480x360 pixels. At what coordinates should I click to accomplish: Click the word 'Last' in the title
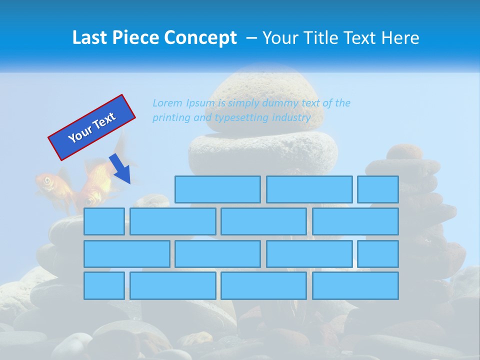(90, 38)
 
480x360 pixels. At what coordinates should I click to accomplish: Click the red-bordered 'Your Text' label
(91, 127)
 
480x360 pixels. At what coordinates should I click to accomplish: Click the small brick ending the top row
(378, 189)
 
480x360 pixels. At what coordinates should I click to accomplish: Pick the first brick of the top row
(217, 189)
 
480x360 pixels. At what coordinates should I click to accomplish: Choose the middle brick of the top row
(309, 189)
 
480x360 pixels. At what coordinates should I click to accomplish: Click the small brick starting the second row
(104, 221)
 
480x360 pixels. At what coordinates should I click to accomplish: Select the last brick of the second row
(355, 221)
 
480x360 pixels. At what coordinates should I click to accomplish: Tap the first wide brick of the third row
(126, 253)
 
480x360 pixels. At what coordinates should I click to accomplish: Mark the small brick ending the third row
(378, 253)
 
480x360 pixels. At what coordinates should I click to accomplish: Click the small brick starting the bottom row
(104, 285)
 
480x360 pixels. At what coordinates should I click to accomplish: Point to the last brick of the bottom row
(355, 285)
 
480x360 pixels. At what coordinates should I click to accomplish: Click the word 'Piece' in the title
(136, 38)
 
